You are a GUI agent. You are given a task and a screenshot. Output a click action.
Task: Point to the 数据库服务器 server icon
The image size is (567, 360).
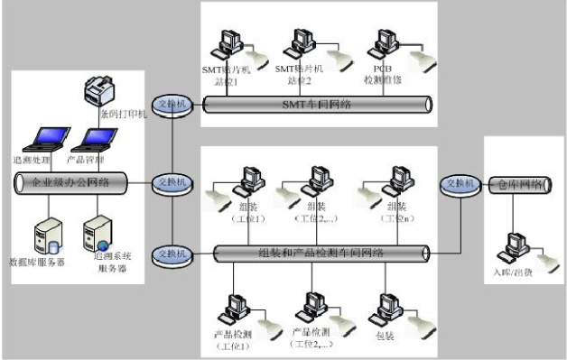[41, 235]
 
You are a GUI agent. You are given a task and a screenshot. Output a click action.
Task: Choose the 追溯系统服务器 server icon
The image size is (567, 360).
[98, 235]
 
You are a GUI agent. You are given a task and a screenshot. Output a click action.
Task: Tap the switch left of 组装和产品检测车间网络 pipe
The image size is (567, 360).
[171, 252]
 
